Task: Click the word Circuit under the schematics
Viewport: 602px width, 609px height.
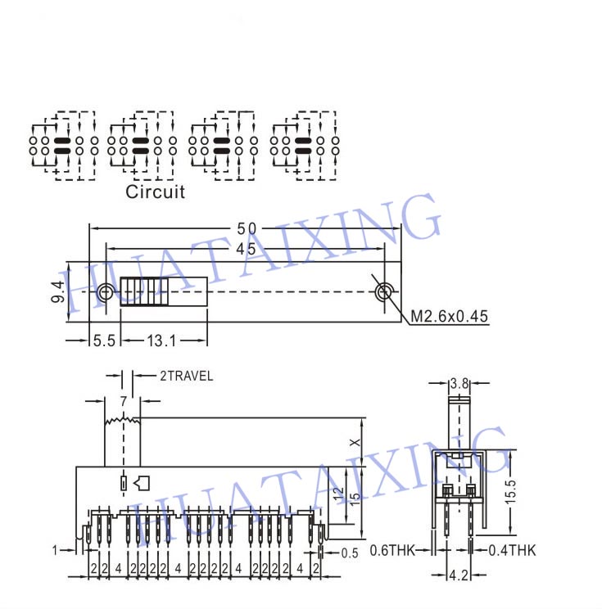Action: (x=155, y=192)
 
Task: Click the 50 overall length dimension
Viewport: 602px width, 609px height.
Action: (x=247, y=228)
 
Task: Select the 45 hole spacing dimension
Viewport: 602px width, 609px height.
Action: (x=246, y=249)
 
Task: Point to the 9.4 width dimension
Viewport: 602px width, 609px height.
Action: (x=58, y=291)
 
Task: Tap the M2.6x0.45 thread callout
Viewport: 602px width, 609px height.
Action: (x=449, y=317)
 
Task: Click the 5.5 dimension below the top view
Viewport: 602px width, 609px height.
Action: (x=104, y=341)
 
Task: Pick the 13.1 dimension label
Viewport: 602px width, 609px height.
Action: (x=161, y=341)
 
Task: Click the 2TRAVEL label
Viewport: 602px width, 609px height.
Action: (x=187, y=376)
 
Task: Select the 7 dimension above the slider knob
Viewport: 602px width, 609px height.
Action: (x=123, y=401)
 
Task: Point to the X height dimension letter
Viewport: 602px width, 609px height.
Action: (x=355, y=442)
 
